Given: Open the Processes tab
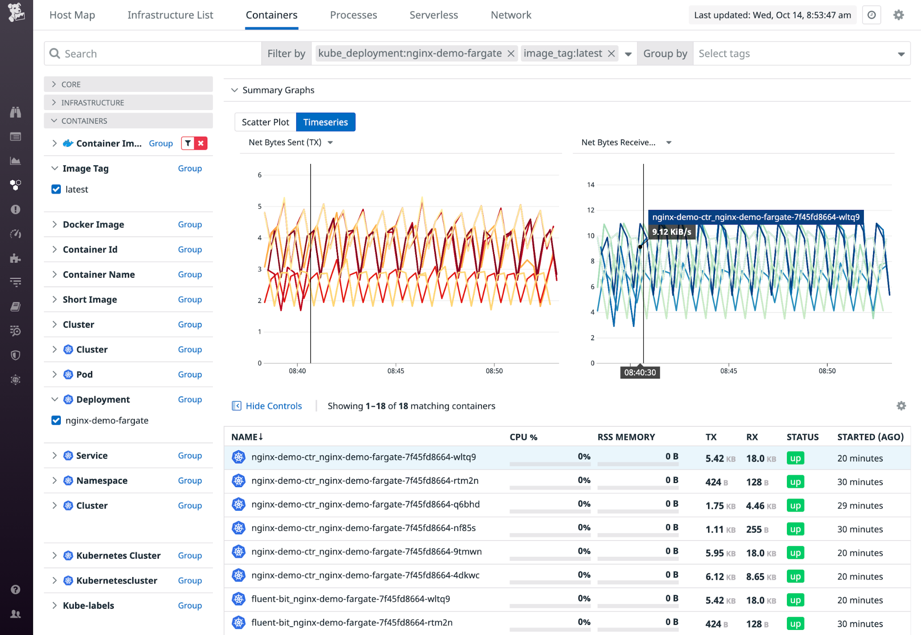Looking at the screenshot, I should (353, 15).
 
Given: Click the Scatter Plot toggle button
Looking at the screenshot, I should (265, 122).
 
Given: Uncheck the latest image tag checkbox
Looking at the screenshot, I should (56, 189).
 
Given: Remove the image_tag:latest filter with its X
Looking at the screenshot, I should (611, 53).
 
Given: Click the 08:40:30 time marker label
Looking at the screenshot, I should (639, 372).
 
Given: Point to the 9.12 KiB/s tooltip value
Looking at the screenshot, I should (671, 232).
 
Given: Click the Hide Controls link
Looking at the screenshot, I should (274, 406).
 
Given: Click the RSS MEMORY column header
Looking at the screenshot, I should (626, 437).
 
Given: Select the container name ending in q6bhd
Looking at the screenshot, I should (365, 504).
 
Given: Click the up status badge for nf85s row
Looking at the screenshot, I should (795, 529).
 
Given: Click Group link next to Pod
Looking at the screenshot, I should (190, 374).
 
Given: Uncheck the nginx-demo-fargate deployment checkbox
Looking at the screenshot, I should (56, 420).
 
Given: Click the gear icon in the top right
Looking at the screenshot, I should (898, 15).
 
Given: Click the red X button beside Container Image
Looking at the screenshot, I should (201, 143).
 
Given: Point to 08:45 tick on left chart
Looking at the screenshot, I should (396, 371).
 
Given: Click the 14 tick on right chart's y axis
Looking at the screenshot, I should (591, 185).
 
